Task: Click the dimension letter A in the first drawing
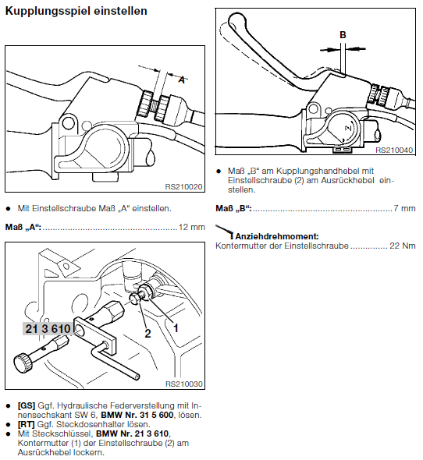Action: click(x=182, y=80)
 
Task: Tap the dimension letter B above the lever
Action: click(x=343, y=35)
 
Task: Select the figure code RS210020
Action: click(x=183, y=187)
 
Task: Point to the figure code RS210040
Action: click(x=394, y=150)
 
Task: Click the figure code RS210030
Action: click(x=184, y=384)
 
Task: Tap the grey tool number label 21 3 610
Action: click(x=48, y=328)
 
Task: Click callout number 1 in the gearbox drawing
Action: click(x=176, y=328)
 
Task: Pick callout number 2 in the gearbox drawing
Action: click(x=148, y=333)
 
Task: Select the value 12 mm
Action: click(x=192, y=227)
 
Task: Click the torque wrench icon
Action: click(x=225, y=232)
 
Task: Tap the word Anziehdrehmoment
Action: click(x=277, y=236)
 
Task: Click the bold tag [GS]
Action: click(x=26, y=405)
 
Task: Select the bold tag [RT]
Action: click(x=26, y=424)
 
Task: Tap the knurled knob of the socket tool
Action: click(x=22, y=363)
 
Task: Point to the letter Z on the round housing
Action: click(x=348, y=128)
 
